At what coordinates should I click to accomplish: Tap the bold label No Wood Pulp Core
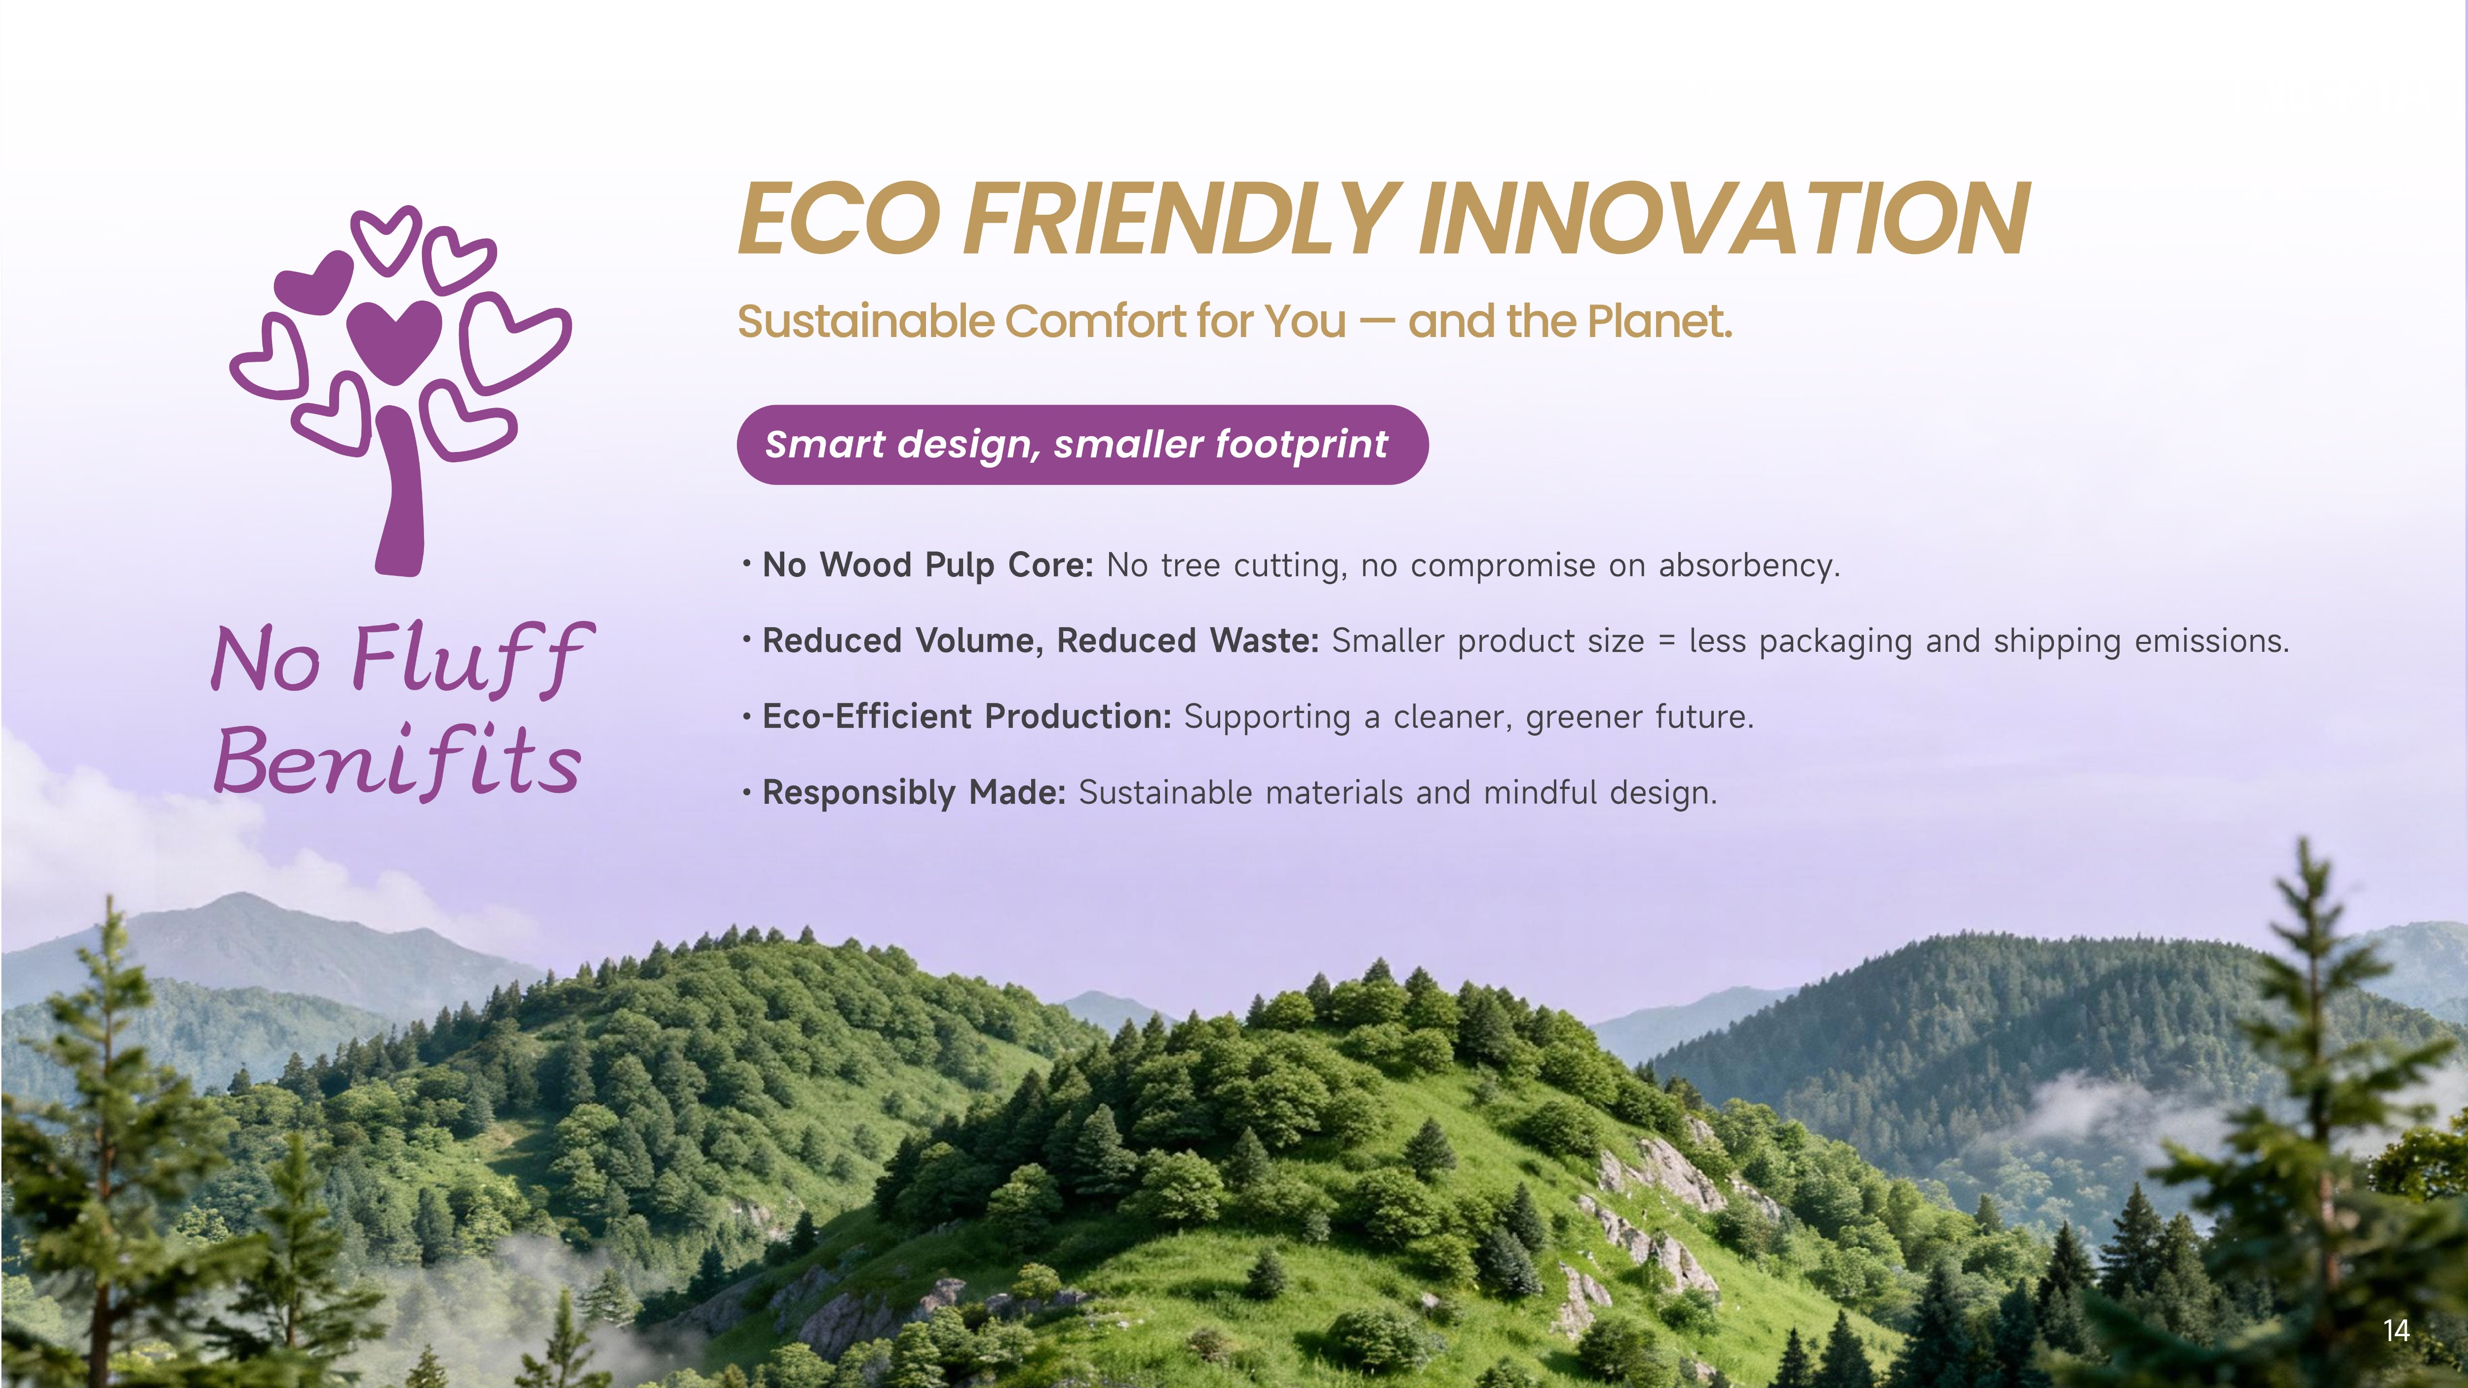click(x=927, y=565)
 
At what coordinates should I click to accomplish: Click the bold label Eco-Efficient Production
click(x=966, y=716)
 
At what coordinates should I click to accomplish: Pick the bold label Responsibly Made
click(x=914, y=793)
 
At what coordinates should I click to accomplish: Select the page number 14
click(x=2396, y=1331)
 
